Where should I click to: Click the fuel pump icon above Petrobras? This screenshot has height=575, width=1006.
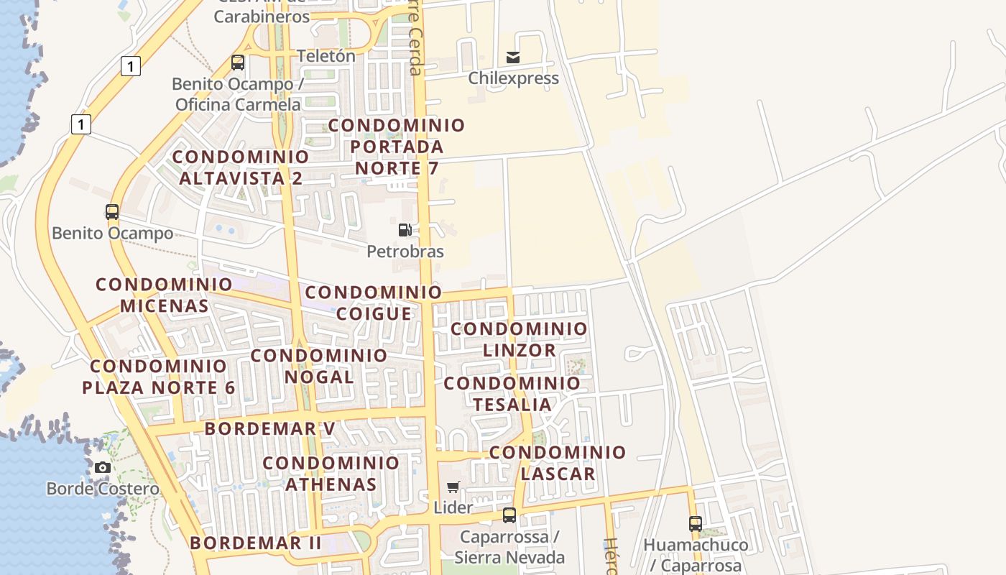coord(405,230)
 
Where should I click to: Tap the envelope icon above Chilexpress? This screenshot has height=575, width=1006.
coord(513,57)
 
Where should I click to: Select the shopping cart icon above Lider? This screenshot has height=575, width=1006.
coord(453,487)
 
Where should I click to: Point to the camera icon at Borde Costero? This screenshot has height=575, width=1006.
coord(103,467)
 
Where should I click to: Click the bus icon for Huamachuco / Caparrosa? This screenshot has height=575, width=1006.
coord(695,523)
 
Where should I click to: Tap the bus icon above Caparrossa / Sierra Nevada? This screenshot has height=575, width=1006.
coord(509,515)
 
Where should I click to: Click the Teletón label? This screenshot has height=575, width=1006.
coord(326,56)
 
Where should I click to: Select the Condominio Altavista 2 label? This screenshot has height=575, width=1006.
coord(241,167)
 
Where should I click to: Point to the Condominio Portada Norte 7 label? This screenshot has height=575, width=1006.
coord(397,147)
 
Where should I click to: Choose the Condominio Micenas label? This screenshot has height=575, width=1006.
coord(165,295)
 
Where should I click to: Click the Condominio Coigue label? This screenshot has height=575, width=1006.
coord(374,303)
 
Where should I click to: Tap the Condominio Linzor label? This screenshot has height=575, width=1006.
coord(519,339)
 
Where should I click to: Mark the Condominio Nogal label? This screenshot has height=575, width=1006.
coord(319,366)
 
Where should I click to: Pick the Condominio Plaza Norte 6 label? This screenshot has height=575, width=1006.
coord(159,377)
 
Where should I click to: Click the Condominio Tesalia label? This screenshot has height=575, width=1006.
coord(512,394)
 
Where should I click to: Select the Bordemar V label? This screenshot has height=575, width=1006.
coord(270,429)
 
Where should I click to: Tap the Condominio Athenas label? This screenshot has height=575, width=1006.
coord(331,474)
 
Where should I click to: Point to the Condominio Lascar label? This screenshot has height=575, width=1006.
coord(558,463)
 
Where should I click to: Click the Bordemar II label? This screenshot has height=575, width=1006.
coord(256,543)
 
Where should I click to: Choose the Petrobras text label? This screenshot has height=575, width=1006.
coord(405,252)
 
